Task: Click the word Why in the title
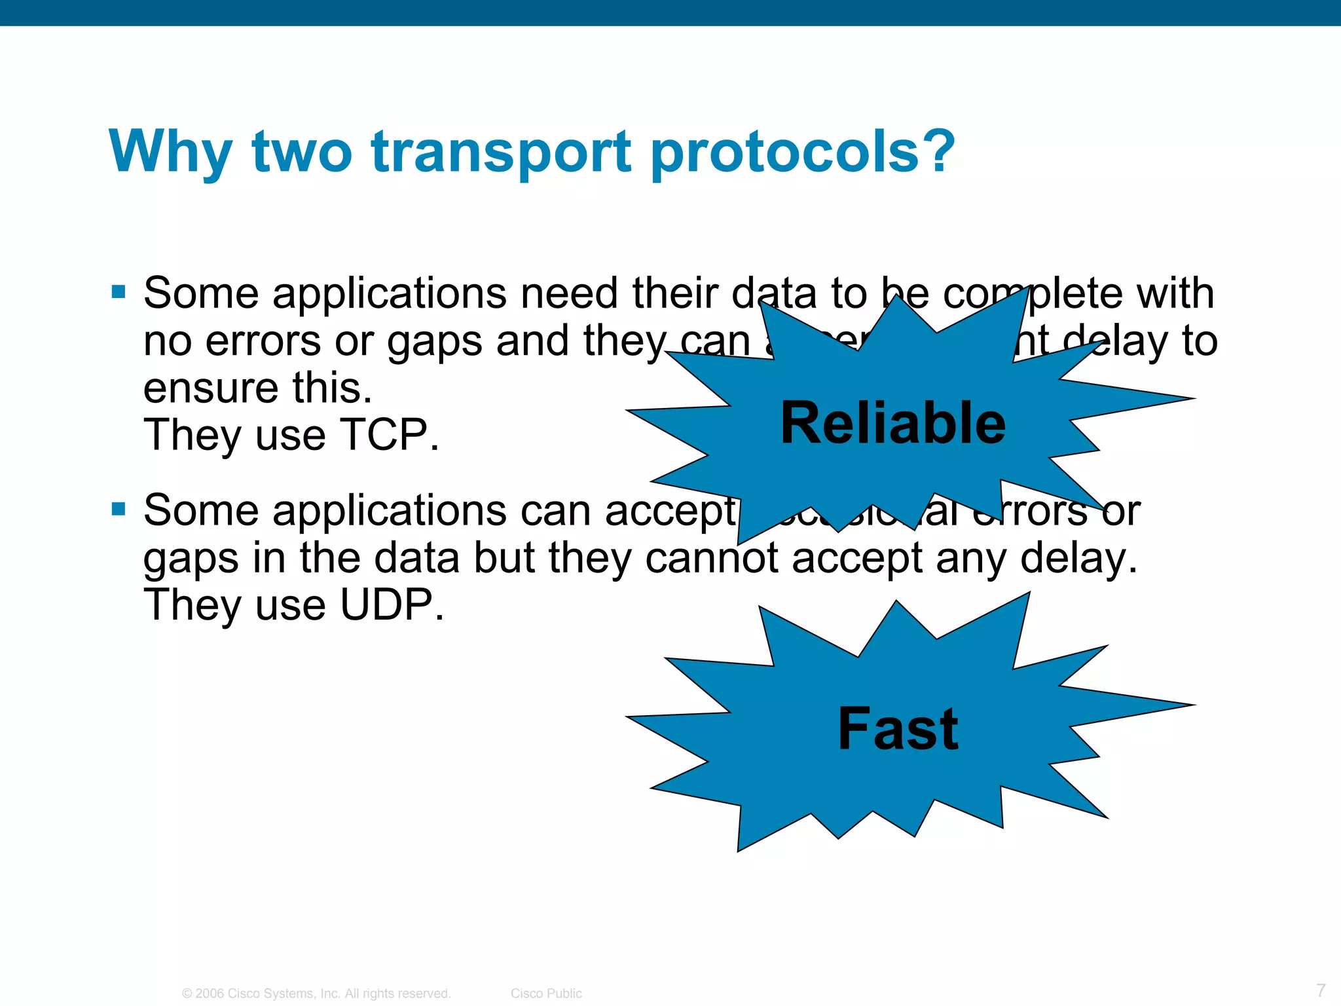(170, 152)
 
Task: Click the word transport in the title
(502, 152)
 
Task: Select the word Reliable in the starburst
(892, 423)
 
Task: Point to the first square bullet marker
(119, 292)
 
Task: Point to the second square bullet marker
(119, 509)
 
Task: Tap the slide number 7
(1321, 990)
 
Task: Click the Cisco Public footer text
(546, 994)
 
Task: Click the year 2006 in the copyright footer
(210, 994)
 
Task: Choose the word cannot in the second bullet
(712, 558)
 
